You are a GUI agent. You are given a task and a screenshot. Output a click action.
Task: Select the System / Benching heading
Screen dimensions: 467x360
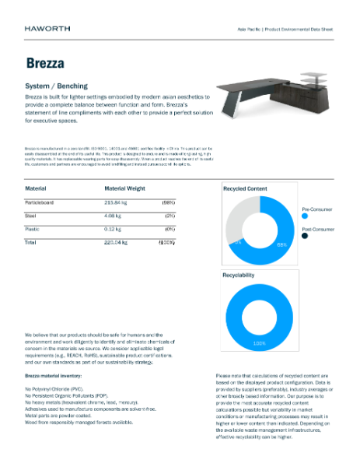coord(58,86)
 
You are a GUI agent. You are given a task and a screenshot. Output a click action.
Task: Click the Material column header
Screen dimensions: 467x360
coord(36,188)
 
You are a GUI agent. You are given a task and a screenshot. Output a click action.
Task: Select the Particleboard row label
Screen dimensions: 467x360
coord(44,202)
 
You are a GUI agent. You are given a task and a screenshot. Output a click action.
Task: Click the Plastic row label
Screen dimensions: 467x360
coord(33,230)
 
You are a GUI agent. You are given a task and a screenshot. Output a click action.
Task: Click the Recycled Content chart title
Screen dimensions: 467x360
coord(245,188)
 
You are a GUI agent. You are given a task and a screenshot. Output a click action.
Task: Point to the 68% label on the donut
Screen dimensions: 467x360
coord(281,244)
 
